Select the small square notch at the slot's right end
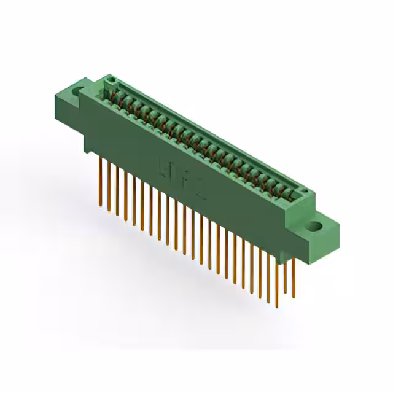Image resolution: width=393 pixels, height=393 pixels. tap(301, 193)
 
